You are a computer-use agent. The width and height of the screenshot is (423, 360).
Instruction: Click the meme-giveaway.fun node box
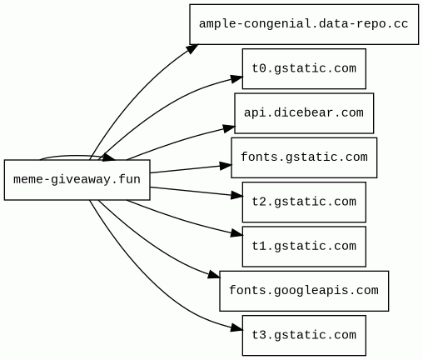click(x=77, y=180)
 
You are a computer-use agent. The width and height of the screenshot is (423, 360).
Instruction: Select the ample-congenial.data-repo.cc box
click(x=304, y=24)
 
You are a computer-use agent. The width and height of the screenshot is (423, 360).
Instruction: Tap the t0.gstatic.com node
click(x=304, y=68)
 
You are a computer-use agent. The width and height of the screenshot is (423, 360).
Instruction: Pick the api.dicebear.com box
click(x=304, y=113)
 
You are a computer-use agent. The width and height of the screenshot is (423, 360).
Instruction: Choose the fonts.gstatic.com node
click(x=304, y=157)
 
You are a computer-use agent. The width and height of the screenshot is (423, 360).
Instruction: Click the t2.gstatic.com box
click(x=304, y=202)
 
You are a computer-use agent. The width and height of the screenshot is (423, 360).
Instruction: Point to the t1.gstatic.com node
click(x=304, y=247)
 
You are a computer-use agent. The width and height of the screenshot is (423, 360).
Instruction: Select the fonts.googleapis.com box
click(x=304, y=291)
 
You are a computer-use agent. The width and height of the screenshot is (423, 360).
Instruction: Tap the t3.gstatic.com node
click(x=304, y=335)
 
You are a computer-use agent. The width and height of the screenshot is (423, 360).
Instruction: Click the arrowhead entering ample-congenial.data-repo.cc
click(x=192, y=48)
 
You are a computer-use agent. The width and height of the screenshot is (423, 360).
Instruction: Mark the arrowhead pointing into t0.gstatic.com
click(x=236, y=79)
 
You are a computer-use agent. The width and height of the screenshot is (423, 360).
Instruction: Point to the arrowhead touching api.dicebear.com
click(x=229, y=128)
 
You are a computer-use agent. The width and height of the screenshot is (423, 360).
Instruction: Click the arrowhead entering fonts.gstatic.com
click(x=226, y=166)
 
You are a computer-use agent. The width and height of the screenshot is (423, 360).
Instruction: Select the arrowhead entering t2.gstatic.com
click(x=236, y=196)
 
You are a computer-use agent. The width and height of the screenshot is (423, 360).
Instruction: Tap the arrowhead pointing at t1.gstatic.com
click(x=236, y=233)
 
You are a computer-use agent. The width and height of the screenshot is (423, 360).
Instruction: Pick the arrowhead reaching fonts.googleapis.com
click(x=214, y=274)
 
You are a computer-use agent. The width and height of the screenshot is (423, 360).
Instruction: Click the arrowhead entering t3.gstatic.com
click(x=236, y=328)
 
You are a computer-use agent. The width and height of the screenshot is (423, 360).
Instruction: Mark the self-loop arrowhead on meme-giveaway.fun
click(x=108, y=157)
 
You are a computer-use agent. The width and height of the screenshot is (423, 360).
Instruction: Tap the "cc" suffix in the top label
click(x=401, y=24)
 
